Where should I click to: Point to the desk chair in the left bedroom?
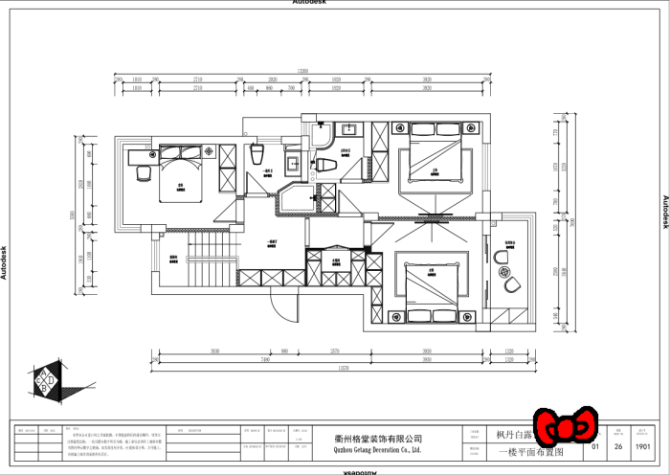(x=145, y=172)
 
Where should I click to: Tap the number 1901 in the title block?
(x=643, y=445)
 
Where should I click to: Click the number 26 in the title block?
(x=618, y=445)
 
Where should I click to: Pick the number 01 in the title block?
(x=595, y=445)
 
